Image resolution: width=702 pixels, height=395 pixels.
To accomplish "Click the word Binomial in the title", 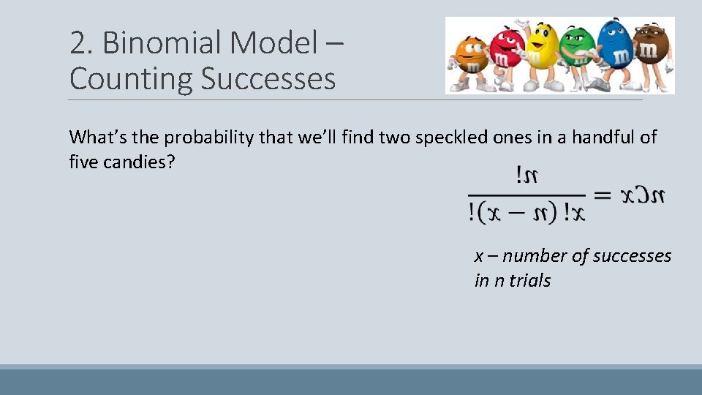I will (162, 44).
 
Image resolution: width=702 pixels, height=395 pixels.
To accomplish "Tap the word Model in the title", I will (272, 44).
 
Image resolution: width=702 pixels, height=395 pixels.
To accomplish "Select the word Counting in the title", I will (131, 79).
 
